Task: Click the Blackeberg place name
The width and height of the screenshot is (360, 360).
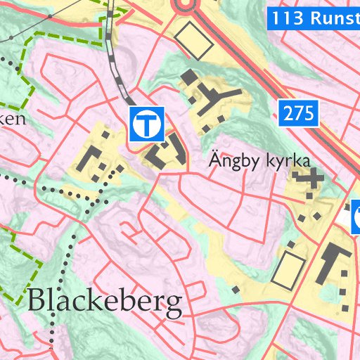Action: tap(105, 302)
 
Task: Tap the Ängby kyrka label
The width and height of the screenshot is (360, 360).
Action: tap(260, 161)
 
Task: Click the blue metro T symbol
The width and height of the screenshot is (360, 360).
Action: tap(146, 124)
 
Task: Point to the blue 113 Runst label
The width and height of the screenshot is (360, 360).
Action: tap(314, 18)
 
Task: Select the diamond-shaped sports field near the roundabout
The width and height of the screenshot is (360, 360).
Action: tap(194, 40)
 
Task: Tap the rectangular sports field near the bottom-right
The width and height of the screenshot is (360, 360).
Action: tap(289, 269)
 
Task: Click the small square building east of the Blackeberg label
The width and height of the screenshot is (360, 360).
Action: tap(236, 289)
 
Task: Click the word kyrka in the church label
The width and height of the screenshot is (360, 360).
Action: tap(288, 161)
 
